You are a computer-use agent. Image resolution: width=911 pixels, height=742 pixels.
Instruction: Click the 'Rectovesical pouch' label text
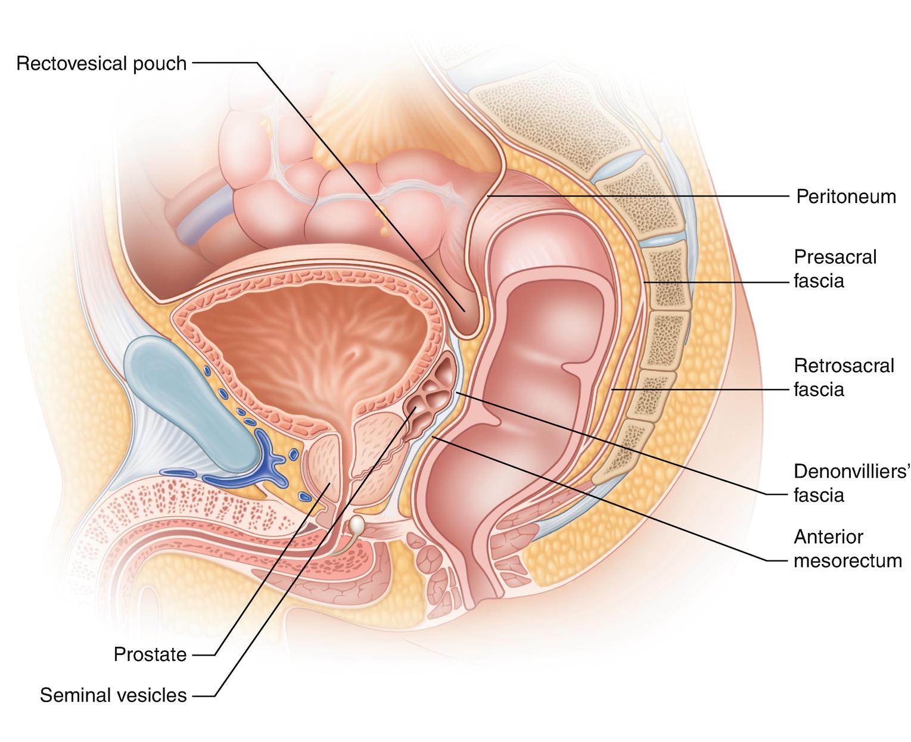(101, 63)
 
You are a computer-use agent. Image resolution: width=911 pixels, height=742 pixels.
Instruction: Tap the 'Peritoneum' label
(846, 197)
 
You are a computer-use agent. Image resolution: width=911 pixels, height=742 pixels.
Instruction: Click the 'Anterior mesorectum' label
(847, 548)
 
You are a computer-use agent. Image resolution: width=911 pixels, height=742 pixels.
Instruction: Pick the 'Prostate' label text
(150, 655)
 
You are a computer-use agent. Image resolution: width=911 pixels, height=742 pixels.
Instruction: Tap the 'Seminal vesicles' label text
(113, 695)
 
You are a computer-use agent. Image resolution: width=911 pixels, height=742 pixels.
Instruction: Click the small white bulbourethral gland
(356, 525)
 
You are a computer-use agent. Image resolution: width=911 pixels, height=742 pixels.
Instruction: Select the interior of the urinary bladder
(310, 345)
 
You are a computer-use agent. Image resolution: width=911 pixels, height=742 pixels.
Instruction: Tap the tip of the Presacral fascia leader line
(643, 282)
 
